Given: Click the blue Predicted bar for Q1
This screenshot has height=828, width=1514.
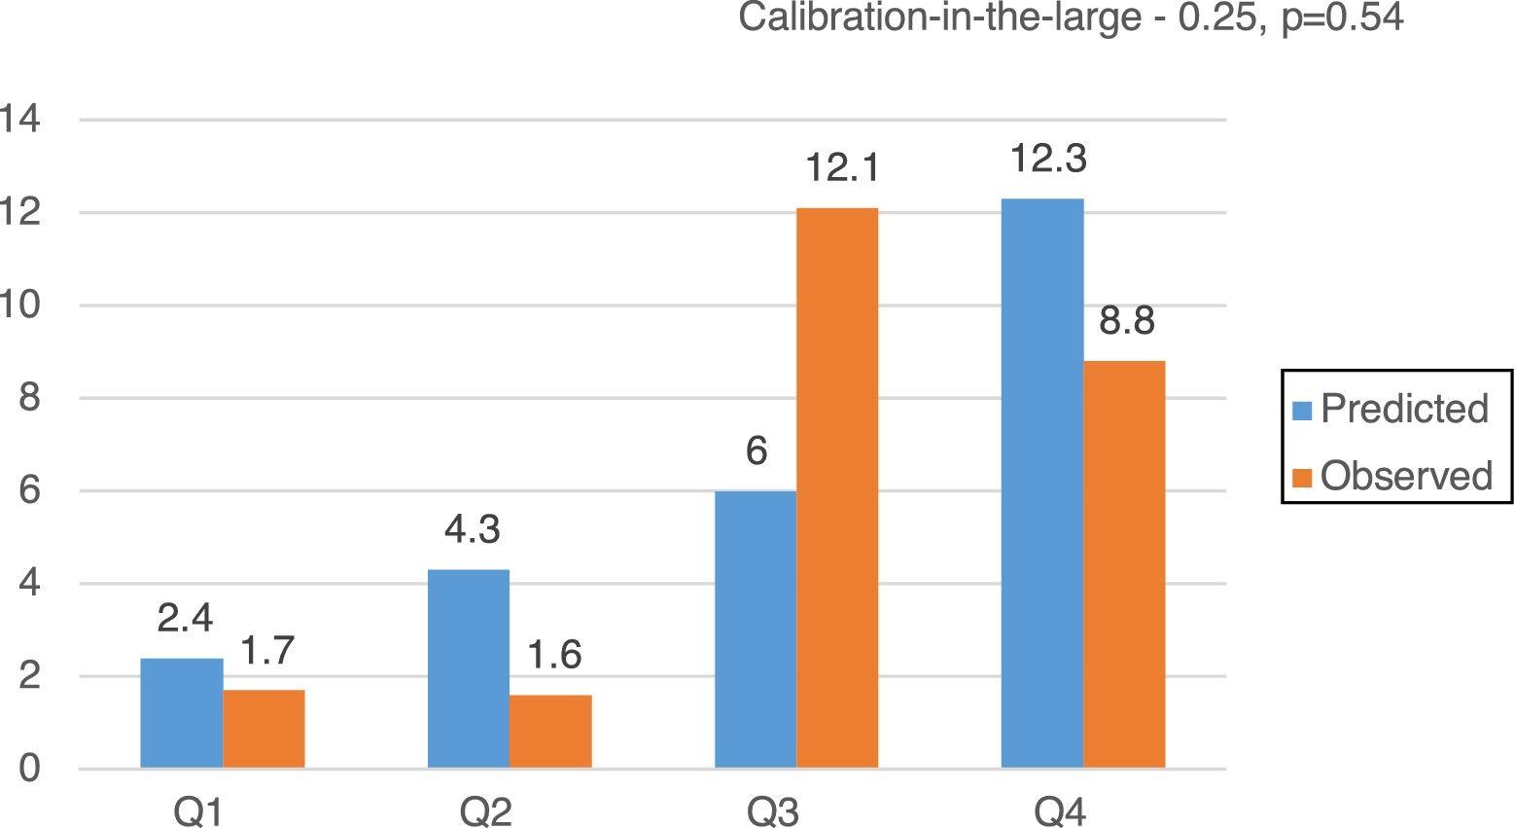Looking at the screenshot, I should [x=182, y=713].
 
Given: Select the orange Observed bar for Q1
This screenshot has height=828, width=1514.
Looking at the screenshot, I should [x=264, y=729].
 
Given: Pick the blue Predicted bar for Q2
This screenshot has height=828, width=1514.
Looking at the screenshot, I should [x=469, y=668].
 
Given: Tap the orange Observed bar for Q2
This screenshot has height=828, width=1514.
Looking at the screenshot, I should [x=550, y=732].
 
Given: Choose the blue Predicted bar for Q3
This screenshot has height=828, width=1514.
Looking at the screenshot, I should [x=756, y=630].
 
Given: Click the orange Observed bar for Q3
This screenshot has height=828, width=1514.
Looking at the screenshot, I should [x=837, y=488].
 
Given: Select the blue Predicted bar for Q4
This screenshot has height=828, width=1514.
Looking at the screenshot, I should [x=1042, y=484].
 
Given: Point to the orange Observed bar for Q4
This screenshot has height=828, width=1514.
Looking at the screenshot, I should [x=1124, y=564].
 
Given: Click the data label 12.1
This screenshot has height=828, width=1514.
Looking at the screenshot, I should [x=842, y=168].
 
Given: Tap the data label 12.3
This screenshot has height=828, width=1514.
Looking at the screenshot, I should [x=1047, y=159].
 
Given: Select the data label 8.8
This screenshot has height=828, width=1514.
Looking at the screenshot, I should [x=1127, y=321].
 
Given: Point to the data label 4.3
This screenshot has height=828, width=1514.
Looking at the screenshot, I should [x=473, y=530].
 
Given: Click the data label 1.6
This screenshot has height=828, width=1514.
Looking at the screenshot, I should [x=554, y=656].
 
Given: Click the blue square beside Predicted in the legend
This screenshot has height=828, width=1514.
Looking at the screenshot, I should [x=1303, y=410].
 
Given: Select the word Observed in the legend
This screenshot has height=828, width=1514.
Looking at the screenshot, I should [x=1406, y=476].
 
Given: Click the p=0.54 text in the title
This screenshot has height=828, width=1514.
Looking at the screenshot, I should [x=1342, y=18].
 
